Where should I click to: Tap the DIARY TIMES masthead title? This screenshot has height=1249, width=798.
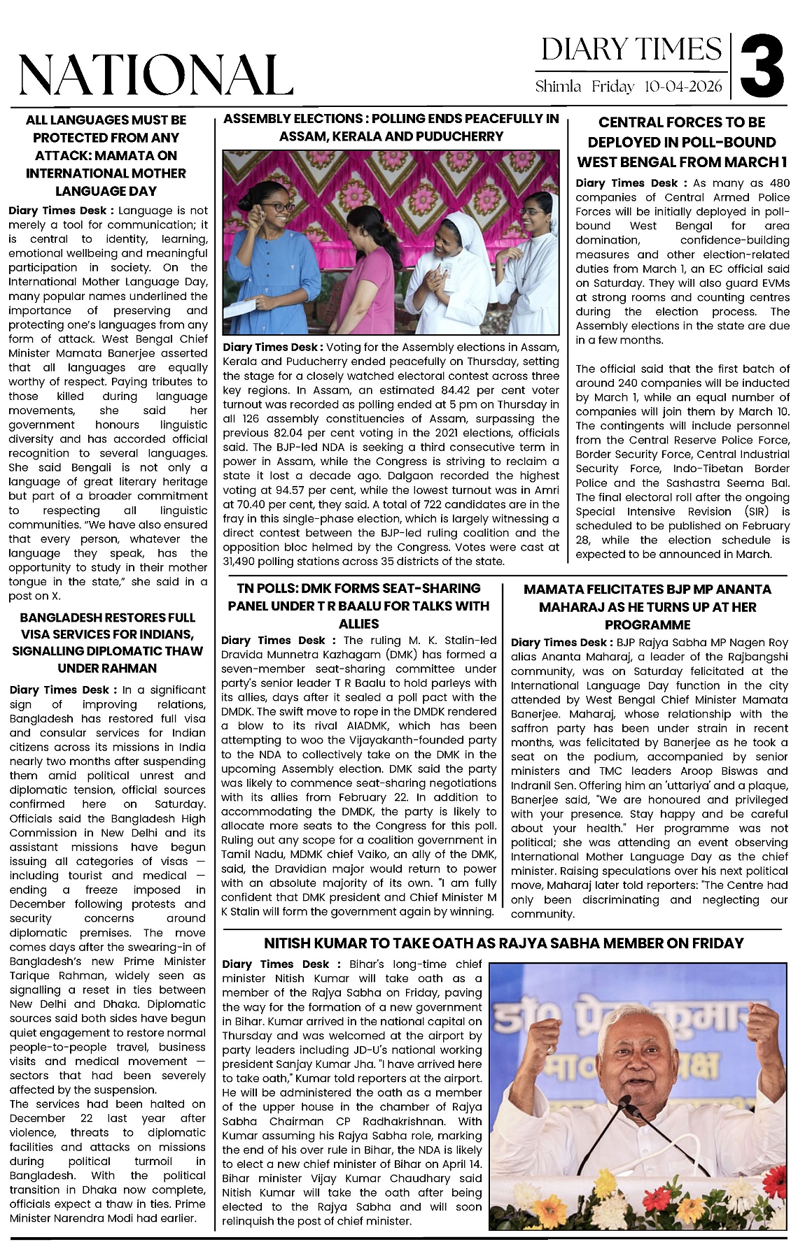(631, 49)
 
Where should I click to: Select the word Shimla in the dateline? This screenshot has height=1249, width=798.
(558, 87)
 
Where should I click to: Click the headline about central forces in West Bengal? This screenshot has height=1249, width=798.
(682, 142)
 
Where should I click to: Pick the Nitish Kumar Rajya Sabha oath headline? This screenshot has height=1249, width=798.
(503, 943)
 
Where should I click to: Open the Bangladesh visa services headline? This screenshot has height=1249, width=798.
(107, 643)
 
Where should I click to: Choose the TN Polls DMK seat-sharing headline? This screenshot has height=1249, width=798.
(358, 606)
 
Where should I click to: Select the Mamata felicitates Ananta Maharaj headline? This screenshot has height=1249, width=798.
(647, 607)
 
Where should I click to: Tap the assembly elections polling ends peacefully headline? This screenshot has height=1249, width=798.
(391, 127)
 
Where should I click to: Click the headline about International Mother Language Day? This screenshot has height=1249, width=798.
(106, 155)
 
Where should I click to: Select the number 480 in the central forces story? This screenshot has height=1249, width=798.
(779, 183)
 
